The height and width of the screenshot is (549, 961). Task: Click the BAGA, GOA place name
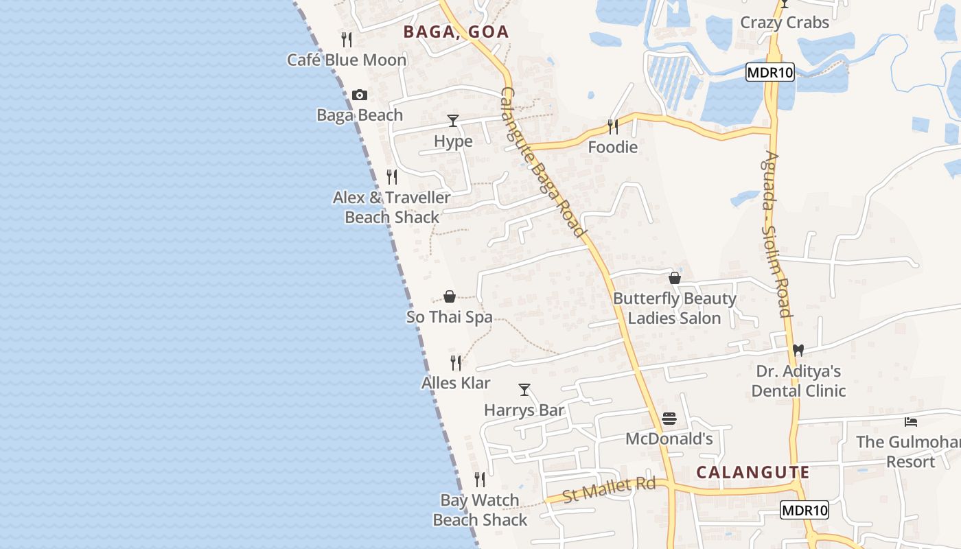[x=456, y=32]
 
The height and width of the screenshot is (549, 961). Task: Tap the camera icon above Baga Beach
[x=360, y=95]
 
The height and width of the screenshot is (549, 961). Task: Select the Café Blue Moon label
[x=347, y=60]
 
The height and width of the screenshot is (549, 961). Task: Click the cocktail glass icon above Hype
[x=453, y=121]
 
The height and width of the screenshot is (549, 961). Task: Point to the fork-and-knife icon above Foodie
[x=612, y=126]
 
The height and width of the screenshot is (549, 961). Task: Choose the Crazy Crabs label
[x=785, y=22]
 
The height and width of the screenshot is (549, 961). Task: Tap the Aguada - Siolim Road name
[x=776, y=233]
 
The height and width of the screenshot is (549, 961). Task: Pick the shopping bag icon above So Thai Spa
[x=450, y=296]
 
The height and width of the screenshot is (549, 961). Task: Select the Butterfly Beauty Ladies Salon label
[x=675, y=308]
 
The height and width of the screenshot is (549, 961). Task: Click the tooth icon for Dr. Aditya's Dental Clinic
[x=798, y=350]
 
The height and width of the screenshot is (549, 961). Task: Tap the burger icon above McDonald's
[x=669, y=419]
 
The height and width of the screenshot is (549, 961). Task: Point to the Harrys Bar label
[x=524, y=410]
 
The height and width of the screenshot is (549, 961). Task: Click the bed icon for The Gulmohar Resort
[x=911, y=421]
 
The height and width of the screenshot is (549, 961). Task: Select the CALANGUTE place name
[x=753, y=472]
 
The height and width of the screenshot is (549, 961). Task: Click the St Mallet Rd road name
[x=609, y=490]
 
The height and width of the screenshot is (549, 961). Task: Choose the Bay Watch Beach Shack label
[x=480, y=510]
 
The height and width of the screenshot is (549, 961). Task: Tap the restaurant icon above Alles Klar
[x=456, y=362]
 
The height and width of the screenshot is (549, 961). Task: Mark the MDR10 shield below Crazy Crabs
[x=769, y=73]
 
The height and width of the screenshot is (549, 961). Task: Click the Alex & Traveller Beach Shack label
[x=392, y=207]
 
